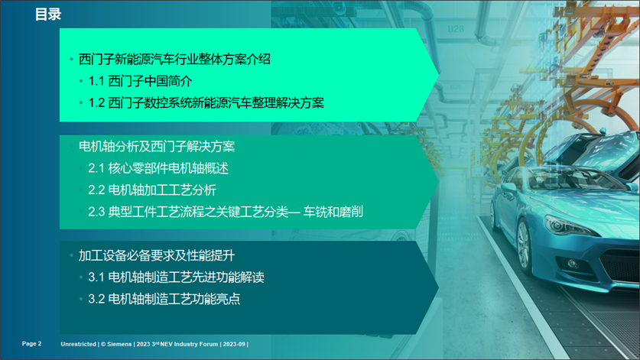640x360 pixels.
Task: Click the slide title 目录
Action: pyautogui.click(x=48, y=15)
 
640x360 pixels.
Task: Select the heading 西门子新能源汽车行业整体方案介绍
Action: pyautogui.click(x=174, y=59)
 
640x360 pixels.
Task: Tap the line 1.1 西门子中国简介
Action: pyautogui.click(x=140, y=81)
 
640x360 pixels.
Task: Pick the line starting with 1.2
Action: pyautogui.click(x=206, y=102)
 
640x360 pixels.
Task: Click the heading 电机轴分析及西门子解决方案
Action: pyautogui.click(x=156, y=146)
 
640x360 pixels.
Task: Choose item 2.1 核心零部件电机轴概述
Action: pyautogui.click(x=158, y=167)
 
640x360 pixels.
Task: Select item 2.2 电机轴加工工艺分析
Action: pyautogui.click(x=152, y=190)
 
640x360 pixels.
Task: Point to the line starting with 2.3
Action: pyautogui.click(x=226, y=212)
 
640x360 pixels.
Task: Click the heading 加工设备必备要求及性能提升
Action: pyautogui.click(x=156, y=255)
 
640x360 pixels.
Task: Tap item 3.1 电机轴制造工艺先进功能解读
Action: pyautogui.click(x=176, y=277)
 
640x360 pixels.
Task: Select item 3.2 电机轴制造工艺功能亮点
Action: pyautogui.click(x=164, y=299)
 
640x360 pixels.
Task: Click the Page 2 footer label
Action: pyautogui.click(x=32, y=344)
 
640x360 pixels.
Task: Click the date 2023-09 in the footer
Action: pyautogui.click(x=234, y=344)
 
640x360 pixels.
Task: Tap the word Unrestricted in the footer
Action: pyautogui.click(x=78, y=344)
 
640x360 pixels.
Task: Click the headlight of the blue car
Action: pyautogui.click(x=567, y=225)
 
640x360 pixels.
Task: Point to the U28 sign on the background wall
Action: pyautogui.click(x=456, y=29)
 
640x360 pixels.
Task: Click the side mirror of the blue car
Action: pyautogui.click(x=509, y=188)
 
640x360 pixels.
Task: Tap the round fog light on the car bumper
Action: pyautogui.click(x=573, y=264)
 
